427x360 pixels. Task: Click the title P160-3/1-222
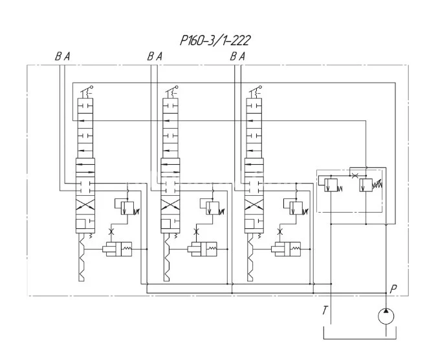point(215,41)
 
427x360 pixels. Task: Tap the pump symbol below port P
point(386,316)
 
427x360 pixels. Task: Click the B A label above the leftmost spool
point(62,57)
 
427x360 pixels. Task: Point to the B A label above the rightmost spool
point(237,57)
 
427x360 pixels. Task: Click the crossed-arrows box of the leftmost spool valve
point(85,207)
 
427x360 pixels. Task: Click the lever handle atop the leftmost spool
point(87,90)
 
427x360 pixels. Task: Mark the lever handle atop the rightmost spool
point(257,90)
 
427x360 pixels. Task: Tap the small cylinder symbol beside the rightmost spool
point(285,248)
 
